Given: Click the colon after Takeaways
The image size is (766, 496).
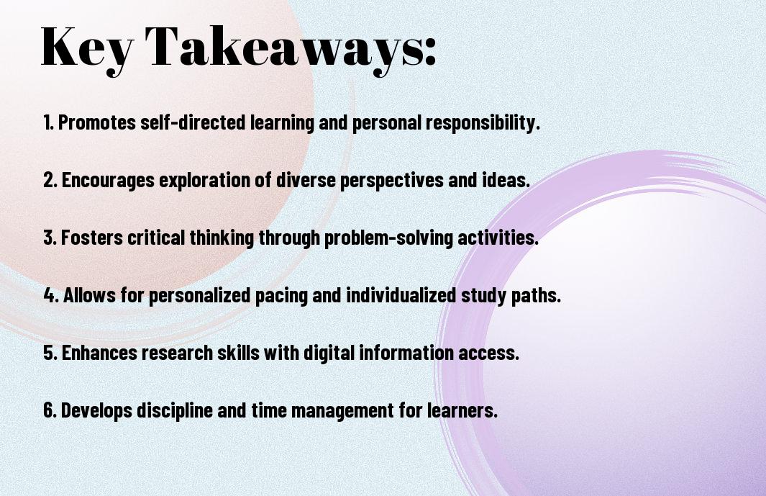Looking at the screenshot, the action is click(429, 51).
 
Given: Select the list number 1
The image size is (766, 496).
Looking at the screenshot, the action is click(48, 122).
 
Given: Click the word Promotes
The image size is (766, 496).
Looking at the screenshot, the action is click(96, 122).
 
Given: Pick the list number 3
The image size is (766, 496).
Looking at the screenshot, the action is click(50, 238).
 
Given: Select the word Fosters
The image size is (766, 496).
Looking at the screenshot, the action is click(92, 238).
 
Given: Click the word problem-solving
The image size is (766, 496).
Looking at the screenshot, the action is click(389, 238).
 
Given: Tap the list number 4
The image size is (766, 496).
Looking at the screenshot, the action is click(51, 295).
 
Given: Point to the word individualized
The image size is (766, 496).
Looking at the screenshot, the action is click(401, 295).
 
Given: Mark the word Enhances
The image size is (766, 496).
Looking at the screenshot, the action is click(99, 353).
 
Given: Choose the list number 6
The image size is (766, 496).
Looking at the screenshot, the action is click(50, 410).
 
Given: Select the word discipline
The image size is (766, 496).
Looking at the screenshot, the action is click(174, 410).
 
